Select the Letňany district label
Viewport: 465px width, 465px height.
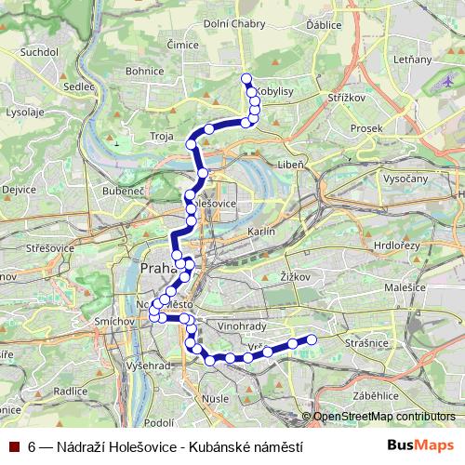[413, 60]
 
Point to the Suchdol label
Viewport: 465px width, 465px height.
[36, 53]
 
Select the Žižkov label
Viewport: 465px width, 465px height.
[294, 276]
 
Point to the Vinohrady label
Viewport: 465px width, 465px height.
[268, 327]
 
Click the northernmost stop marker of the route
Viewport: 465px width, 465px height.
[246, 78]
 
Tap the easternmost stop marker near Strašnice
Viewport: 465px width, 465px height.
[312, 339]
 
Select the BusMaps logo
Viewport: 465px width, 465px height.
[422, 446]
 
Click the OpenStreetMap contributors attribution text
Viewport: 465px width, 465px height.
[384, 417]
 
